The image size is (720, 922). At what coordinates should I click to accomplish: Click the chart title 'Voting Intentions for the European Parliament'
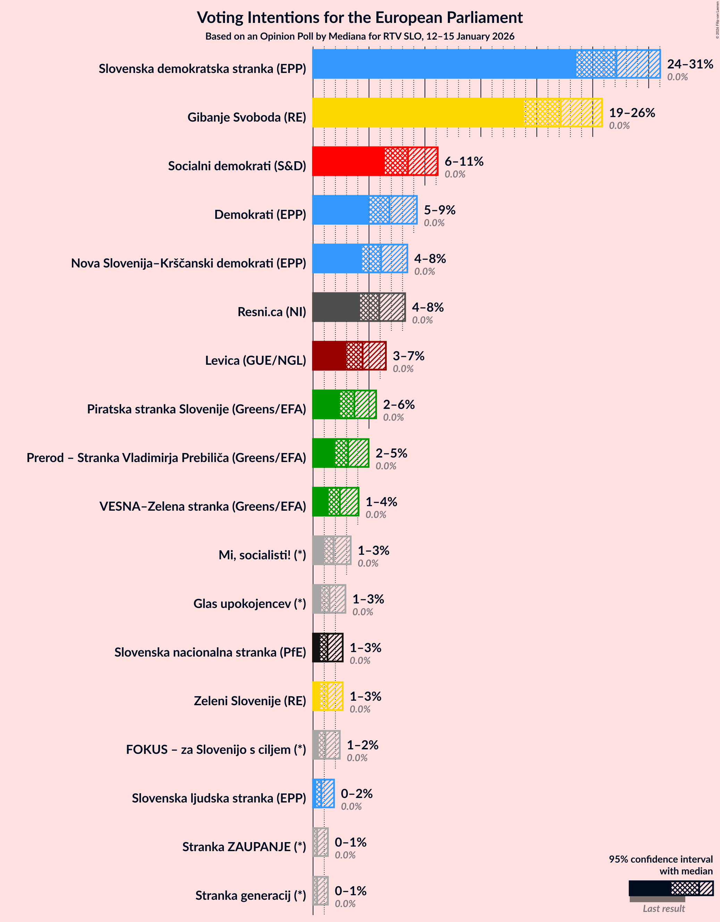(359, 18)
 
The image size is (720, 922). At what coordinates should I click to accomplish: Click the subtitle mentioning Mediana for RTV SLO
(359, 36)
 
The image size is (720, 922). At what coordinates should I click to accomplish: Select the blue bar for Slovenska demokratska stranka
(443, 64)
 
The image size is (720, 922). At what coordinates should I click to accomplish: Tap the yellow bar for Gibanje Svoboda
(418, 112)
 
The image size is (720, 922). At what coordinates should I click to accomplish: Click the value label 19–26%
(631, 113)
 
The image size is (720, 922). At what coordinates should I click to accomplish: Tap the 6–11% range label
(463, 161)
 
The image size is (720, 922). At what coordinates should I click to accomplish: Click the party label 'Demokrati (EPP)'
(260, 214)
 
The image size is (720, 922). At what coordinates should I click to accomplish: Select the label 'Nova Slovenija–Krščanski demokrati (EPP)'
(188, 263)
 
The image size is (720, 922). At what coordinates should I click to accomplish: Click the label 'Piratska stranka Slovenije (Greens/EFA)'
(196, 409)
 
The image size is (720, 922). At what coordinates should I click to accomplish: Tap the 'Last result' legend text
(663, 908)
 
